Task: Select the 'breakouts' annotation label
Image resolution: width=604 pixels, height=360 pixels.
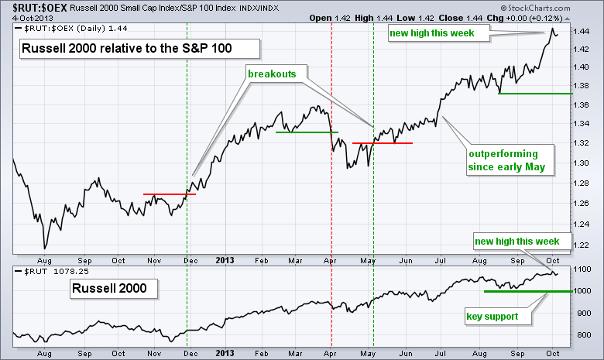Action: pos(273,74)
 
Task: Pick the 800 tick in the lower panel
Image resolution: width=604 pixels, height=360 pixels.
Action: pos(583,335)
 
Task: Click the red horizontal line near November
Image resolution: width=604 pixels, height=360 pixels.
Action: pos(170,194)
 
